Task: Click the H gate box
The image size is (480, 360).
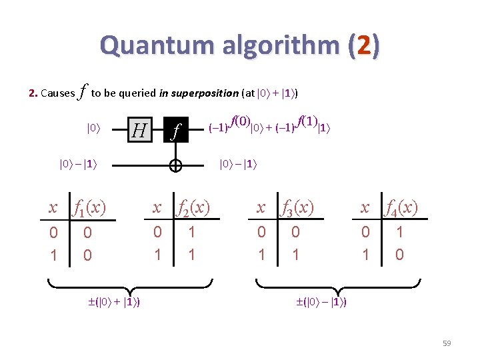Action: [x=139, y=129]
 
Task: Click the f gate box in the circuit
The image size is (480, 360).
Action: [x=176, y=129]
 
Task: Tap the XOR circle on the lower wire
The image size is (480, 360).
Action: [x=176, y=166]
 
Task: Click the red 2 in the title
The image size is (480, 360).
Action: [x=363, y=46]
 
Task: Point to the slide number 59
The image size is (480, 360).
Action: [x=446, y=343]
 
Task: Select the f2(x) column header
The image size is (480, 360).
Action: [x=191, y=207]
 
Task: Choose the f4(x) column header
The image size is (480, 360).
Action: [x=399, y=207]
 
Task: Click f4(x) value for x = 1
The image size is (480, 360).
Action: [x=399, y=254]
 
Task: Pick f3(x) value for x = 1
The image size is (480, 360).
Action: [x=295, y=254]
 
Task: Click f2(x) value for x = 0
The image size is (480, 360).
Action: [x=191, y=232]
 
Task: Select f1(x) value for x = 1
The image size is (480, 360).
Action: [x=87, y=255]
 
